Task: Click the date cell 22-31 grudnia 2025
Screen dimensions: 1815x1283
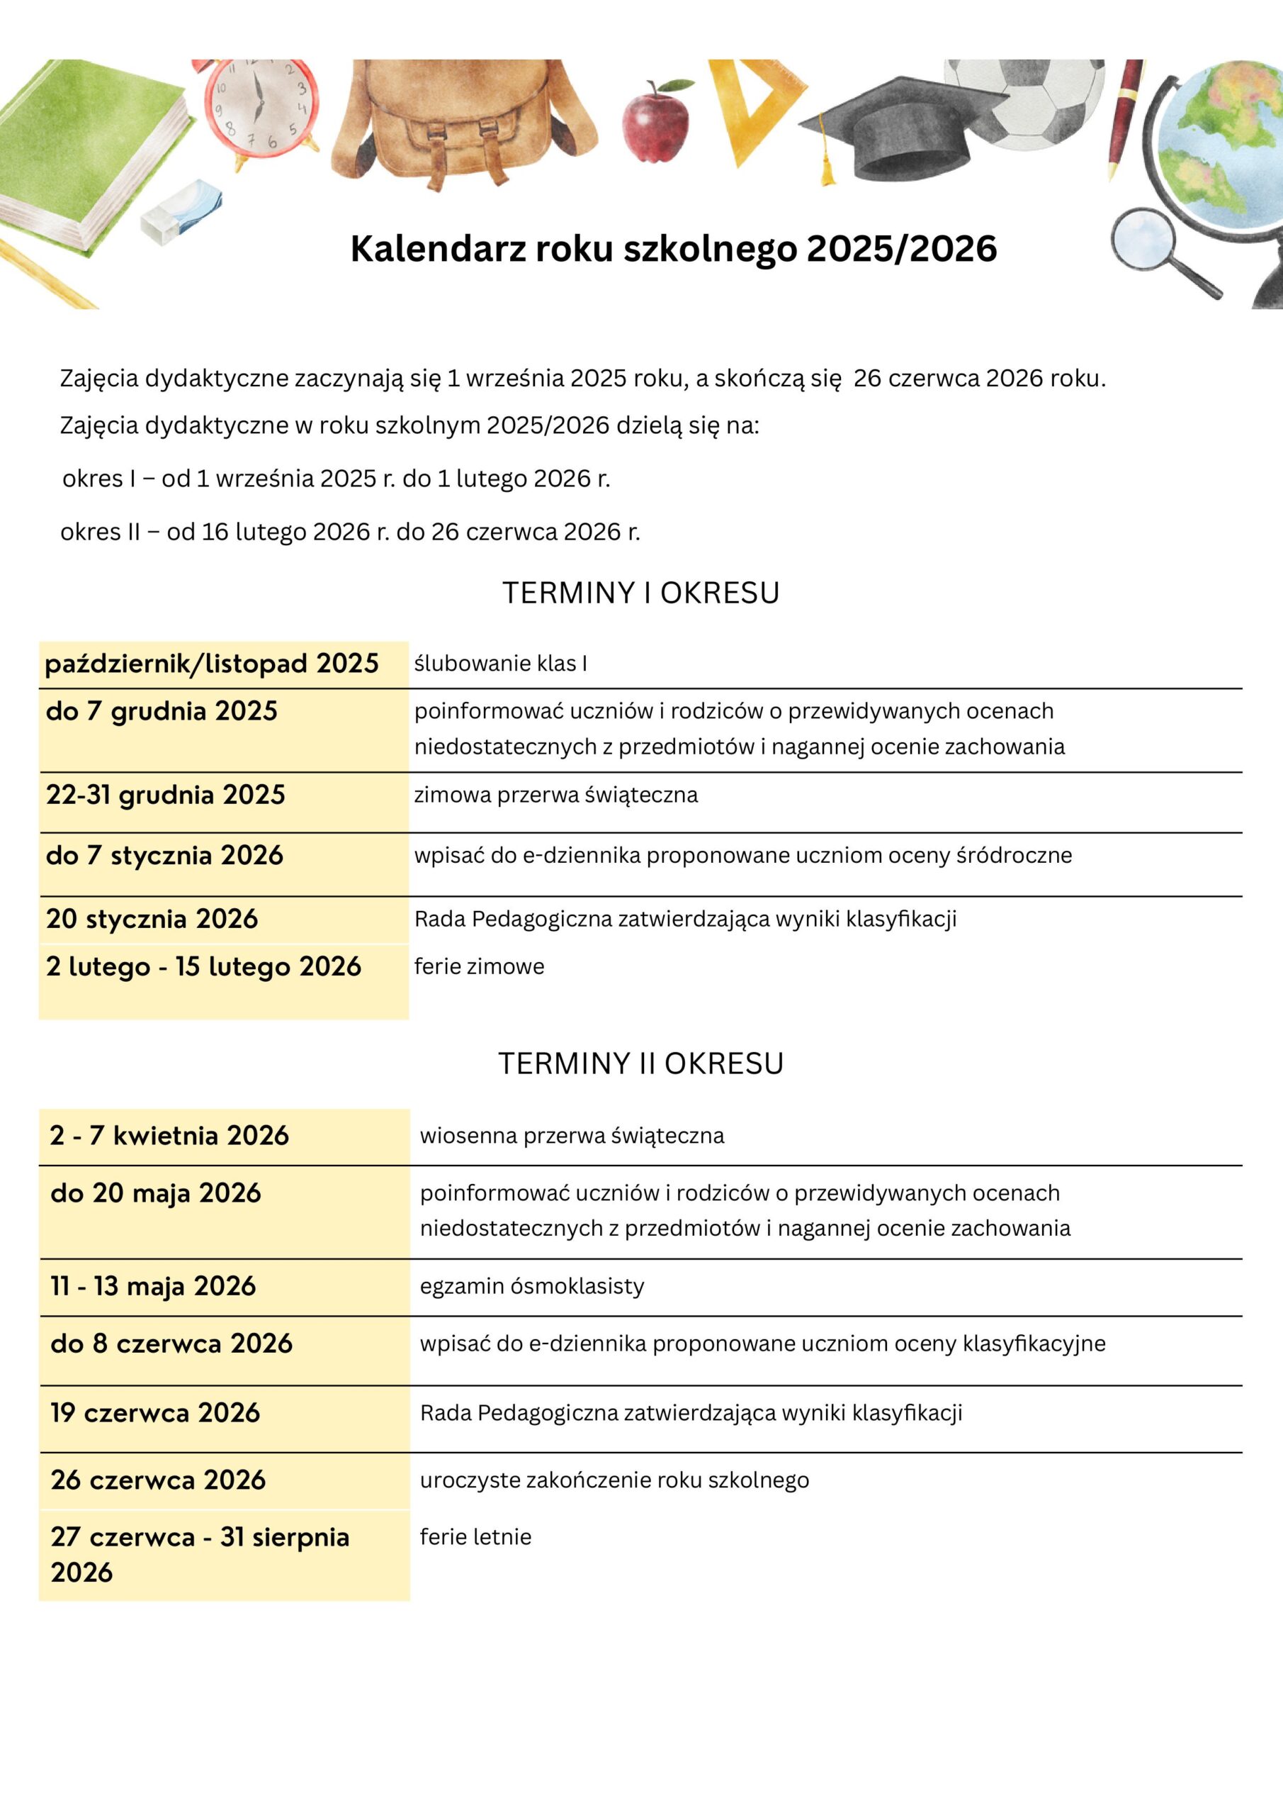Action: (x=166, y=795)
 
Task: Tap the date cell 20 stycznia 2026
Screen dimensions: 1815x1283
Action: (x=152, y=919)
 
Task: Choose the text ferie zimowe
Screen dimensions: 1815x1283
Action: (x=480, y=966)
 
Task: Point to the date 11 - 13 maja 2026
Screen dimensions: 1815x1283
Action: (x=153, y=1286)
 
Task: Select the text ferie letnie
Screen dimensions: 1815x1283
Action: (x=475, y=1537)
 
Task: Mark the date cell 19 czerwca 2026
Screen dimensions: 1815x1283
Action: (x=156, y=1412)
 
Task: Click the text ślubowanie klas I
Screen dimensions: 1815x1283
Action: (x=501, y=663)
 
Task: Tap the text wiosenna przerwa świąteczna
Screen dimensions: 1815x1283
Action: (x=572, y=1136)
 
